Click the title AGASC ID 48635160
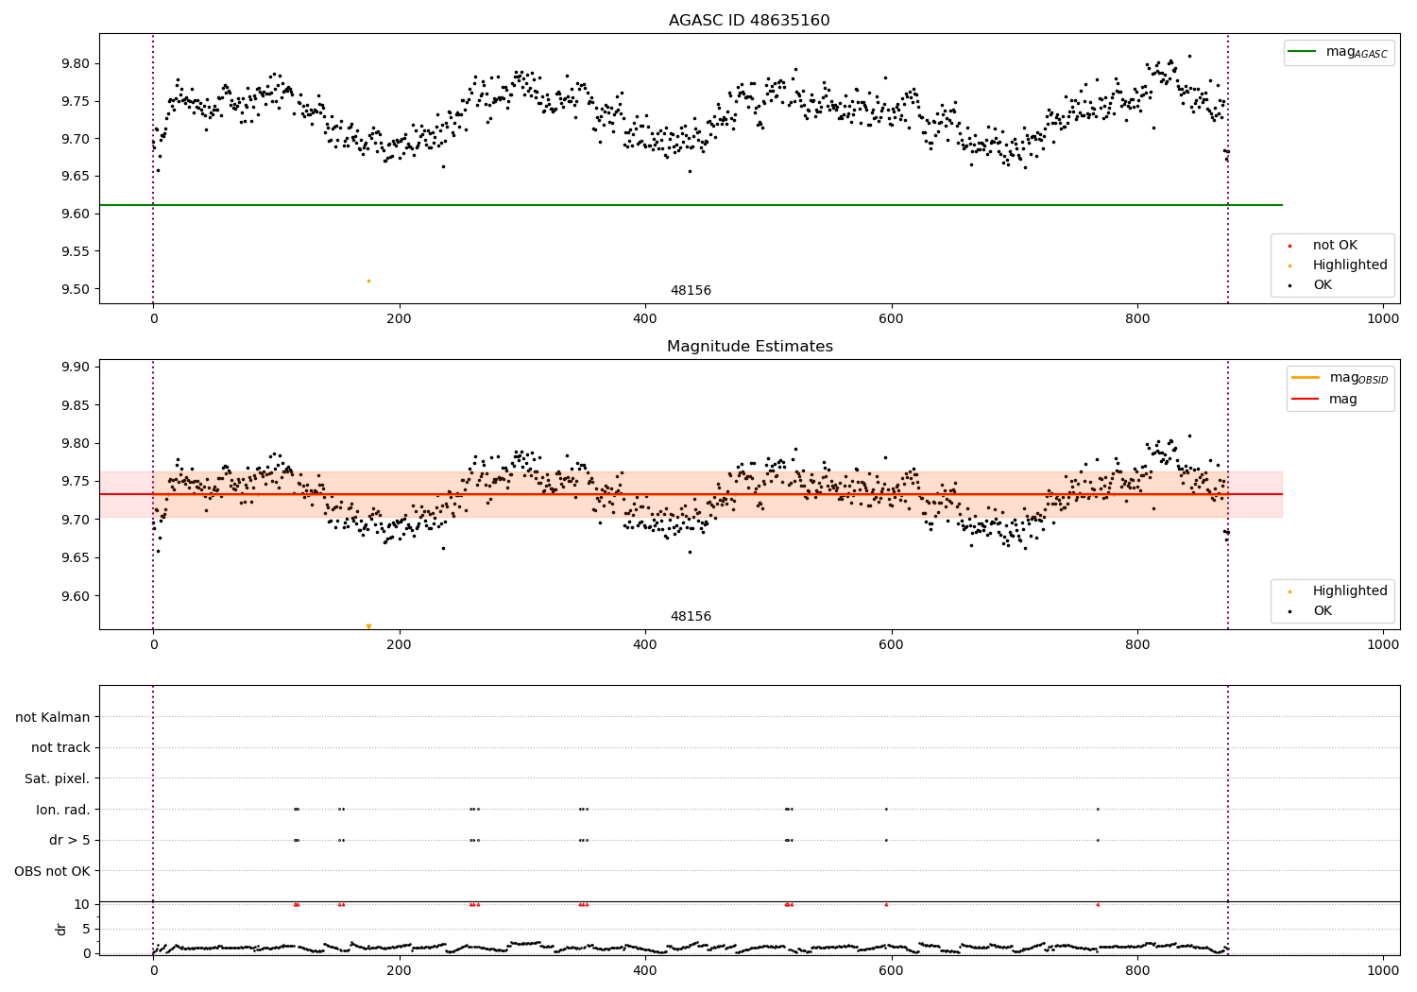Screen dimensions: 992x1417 (x=749, y=21)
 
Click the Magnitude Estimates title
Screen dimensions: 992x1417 (x=749, y=347)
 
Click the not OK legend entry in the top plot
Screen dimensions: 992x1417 (x=1334, y=246)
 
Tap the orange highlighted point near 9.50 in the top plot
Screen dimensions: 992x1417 (x=368, y=281)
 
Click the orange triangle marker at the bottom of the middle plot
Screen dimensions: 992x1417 (x=368, y=626)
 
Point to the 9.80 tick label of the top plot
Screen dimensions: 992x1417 (x=77, y=63)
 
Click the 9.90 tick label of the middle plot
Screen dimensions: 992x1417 (x=77, y=367)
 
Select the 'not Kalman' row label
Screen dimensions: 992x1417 (x=53, y=717)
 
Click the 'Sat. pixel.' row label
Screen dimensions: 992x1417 (x=57, y=778)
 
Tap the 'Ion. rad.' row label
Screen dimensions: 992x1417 (x=62, y=810)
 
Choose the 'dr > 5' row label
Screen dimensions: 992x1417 (x=69, y=840)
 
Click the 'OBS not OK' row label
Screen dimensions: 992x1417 (x=52, y=871)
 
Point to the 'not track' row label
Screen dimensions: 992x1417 (x=60, y=747)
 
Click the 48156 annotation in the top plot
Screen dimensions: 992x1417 (x=691, y=291)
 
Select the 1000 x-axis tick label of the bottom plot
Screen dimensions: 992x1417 (x=1383, y=969)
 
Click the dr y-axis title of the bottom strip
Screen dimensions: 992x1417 (x=61, y=929)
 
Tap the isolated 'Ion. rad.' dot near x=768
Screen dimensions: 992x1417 (x=1098, y=809)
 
